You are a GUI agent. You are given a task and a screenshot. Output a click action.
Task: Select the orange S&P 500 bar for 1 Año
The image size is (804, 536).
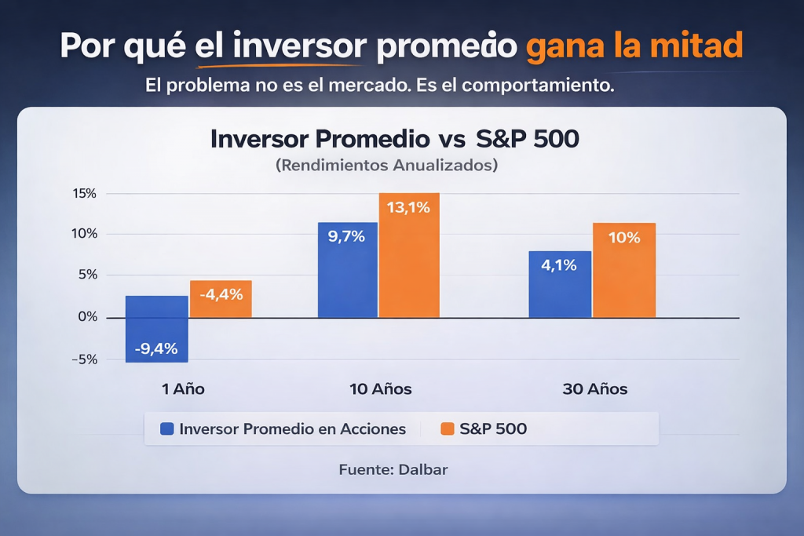coord(221,298)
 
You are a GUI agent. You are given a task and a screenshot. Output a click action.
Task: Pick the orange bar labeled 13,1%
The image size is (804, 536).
coord(409,255)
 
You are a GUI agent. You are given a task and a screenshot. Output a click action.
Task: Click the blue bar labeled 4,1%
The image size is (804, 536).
coord(559,284)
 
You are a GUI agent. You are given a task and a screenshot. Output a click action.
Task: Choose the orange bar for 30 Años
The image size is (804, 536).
coord(623,270)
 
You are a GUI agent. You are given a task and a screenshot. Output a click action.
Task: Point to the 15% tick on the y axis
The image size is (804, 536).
coord(85,193)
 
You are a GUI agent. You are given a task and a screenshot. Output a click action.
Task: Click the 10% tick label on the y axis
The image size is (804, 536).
coord(85,234)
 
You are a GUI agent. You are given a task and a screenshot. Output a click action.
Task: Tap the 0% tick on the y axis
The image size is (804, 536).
coord(88,317)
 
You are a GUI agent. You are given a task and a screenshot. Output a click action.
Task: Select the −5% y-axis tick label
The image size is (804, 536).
coord(85,359)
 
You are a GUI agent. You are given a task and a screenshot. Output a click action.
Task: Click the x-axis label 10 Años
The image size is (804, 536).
coord(380,389)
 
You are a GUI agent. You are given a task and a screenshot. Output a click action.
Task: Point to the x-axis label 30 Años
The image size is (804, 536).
coord(595,389)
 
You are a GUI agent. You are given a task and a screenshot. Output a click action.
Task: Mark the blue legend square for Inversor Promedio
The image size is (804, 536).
coord(166,429)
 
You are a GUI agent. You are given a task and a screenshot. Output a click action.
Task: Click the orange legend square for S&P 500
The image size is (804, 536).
coord(448,429)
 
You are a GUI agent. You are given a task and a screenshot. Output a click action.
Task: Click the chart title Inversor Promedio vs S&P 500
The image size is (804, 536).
coord(395,139)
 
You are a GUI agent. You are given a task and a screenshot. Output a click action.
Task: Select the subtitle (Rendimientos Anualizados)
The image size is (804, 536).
coord(386,166)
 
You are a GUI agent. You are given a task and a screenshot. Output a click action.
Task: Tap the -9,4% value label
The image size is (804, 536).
coord(155,348)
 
